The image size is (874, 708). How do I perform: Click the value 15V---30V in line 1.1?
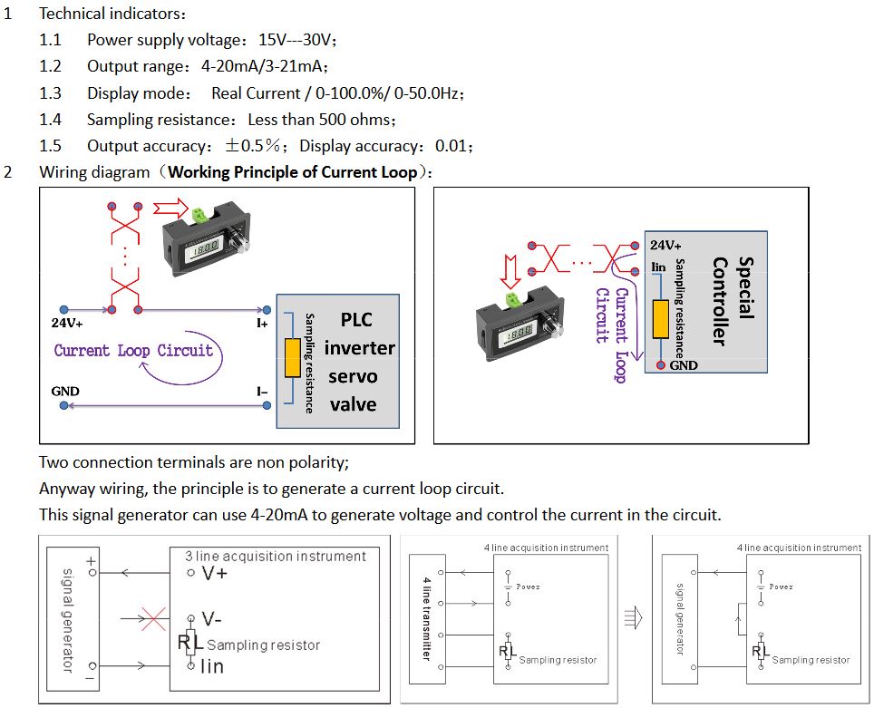[x=297, y=40]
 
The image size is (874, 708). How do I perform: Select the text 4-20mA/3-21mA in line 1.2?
[x=263, y=66]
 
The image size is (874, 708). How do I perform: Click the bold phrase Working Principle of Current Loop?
[x=293, y=172]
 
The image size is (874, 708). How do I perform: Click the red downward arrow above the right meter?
[x=510, y=269]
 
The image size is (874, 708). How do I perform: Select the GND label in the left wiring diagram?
[x=65, y=392]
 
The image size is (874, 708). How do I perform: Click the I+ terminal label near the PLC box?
[x=262, y=323]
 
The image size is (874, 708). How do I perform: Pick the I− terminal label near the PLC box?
[x=262, y=392]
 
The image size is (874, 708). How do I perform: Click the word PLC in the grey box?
[x=356, y=320]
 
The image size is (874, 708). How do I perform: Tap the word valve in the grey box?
[x=354, y=404]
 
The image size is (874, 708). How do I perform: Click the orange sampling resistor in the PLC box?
[x=292, y=358]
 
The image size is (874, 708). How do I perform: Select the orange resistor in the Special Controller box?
[x=661, y=318]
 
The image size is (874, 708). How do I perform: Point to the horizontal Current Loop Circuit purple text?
[x=133, y=351]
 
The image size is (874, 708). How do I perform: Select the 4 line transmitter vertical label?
[x=427, y=617]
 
